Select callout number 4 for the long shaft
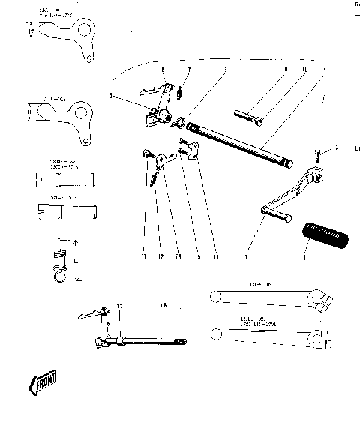324,70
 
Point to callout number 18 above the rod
163,307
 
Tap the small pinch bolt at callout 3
318,156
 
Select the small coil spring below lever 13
154,180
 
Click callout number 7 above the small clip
189,70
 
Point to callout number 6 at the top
163,69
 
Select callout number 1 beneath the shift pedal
248,257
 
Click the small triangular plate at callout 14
191,153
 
